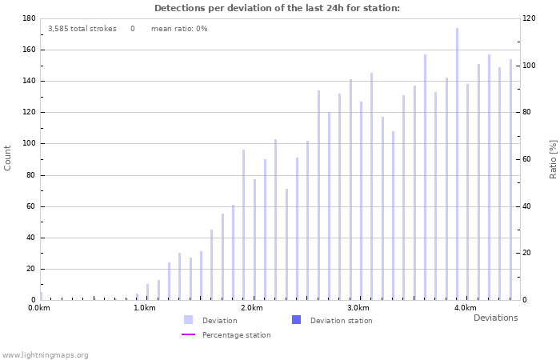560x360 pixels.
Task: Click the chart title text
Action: coord(277,8)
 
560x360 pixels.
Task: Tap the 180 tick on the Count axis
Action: coord(28,18)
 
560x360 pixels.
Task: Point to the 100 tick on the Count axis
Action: coord(28,144)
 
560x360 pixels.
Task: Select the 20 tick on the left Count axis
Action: coord(30,269)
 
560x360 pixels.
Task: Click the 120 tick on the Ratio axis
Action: coord(530,18)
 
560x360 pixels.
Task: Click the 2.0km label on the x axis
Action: coord(251,308)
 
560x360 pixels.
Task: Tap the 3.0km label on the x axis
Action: coord(358,308)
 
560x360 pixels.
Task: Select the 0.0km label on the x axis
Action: coord(39,308)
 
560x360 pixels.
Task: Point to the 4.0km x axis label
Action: coord(465,308)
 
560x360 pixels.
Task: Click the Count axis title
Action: coord(8,158)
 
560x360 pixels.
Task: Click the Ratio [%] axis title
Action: coord(553,158)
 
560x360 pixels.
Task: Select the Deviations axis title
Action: coord(495,318)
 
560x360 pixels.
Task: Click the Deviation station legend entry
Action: coord(341,321)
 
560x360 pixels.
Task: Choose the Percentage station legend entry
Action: coord(236,335)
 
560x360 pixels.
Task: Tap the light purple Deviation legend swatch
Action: coord(189,320)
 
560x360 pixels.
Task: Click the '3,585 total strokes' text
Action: coord(82,29)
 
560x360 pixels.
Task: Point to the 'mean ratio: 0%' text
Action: coord(179,29)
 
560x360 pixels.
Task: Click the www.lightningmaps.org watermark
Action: coord(46,354)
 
